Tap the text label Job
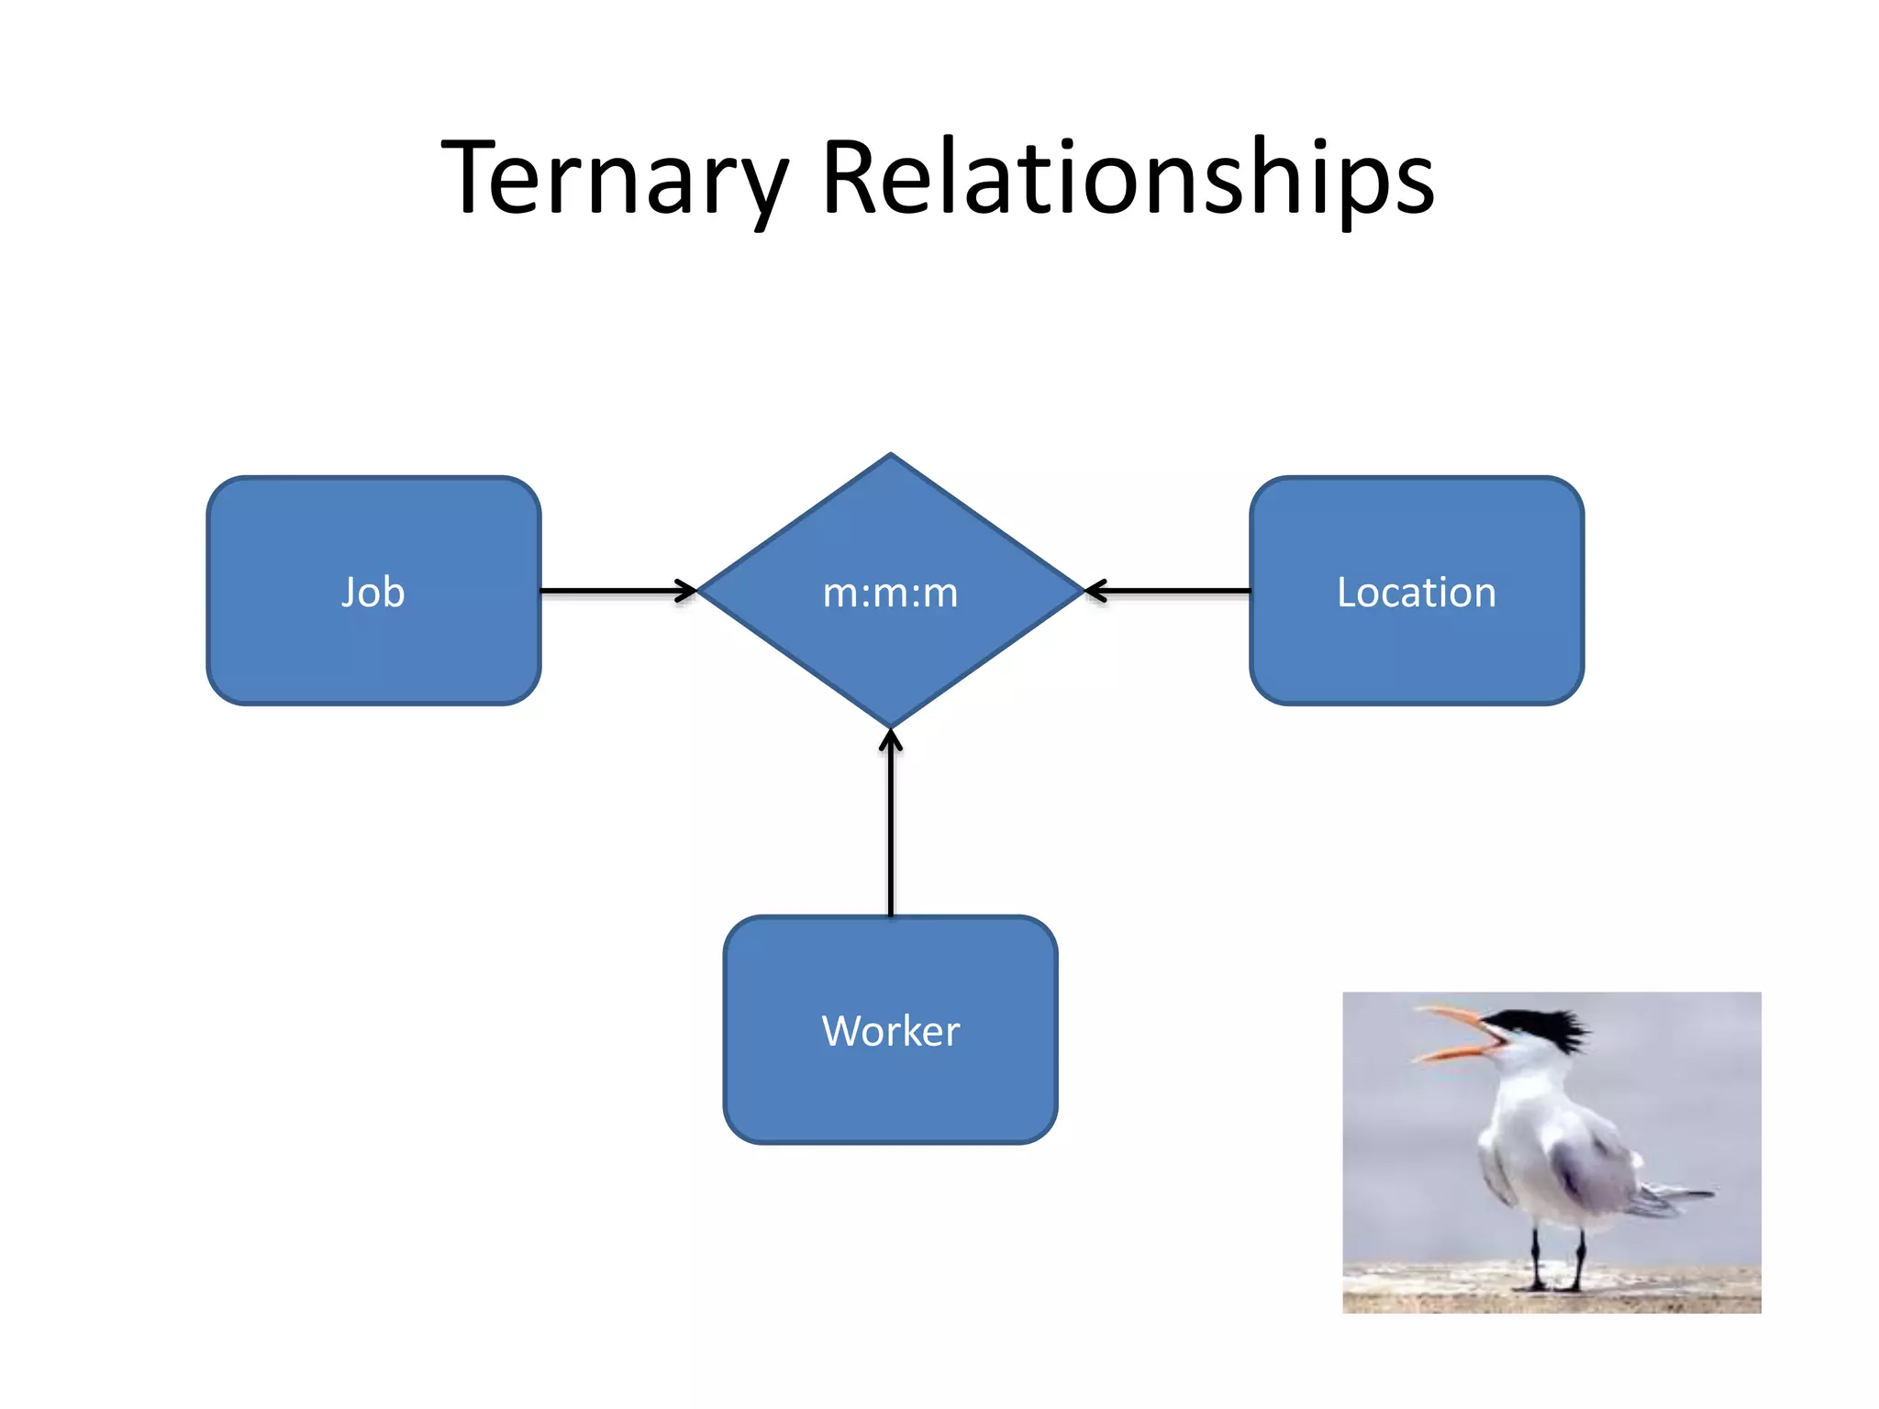(373, 592)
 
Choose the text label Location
(1416, 592)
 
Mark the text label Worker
(890, 1031)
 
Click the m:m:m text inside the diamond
(890, 593)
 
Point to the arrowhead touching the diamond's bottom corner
(890, 739)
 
